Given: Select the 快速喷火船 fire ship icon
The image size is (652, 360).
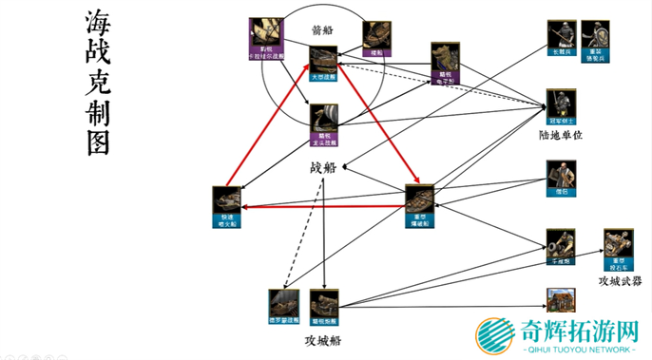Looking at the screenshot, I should point(226,203).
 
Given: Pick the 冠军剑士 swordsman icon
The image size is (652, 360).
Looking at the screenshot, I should point(560,106).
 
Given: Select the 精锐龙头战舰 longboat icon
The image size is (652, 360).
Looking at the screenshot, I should point(325,119).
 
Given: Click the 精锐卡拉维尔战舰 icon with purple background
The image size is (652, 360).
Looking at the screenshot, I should point(261,35).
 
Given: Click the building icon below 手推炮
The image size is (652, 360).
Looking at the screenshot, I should point(560,301).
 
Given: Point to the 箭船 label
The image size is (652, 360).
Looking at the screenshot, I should point(323,29).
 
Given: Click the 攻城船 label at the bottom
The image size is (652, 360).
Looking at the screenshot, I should point(322,339).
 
